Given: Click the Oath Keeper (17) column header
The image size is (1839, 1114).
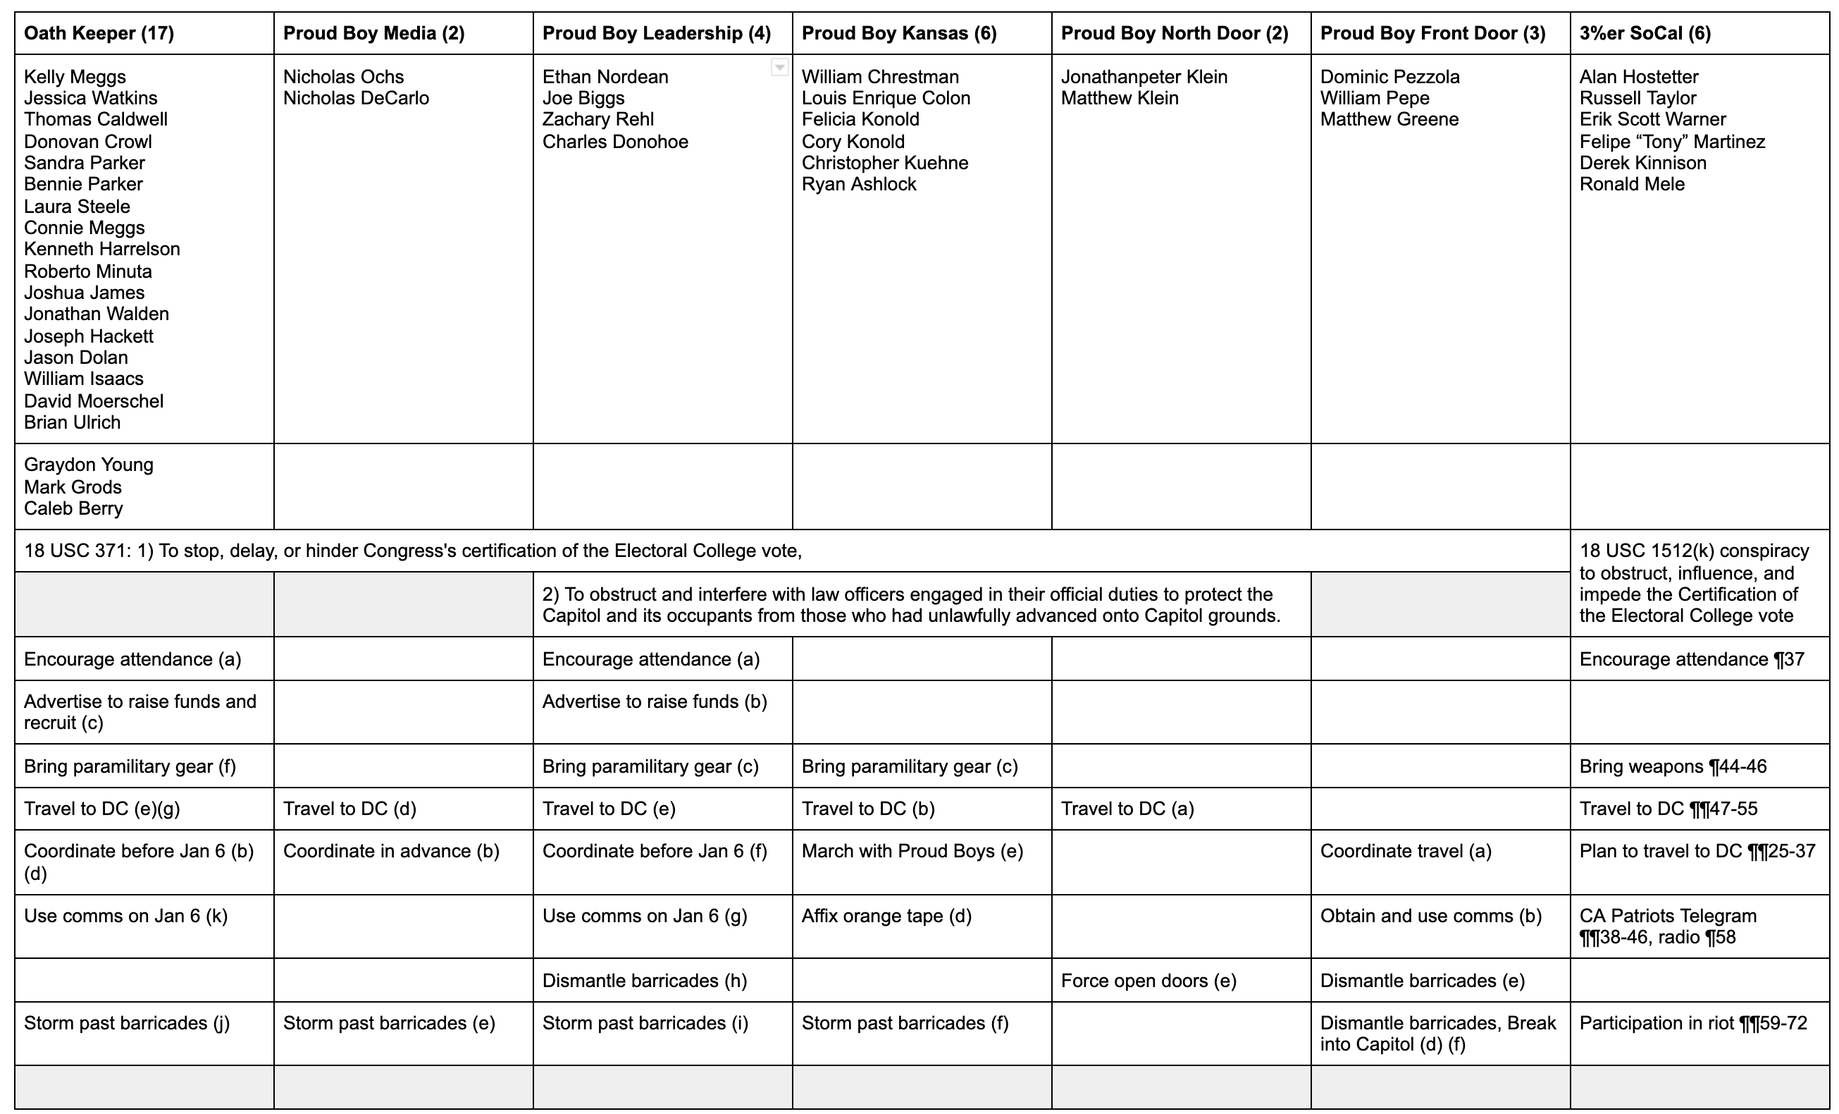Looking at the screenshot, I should [x=99, y=34].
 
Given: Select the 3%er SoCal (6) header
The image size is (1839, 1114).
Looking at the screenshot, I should [x=1645, y=34].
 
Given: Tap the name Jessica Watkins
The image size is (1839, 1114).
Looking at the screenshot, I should [x=90, y=98].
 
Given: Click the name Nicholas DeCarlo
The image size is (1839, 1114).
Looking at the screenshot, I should [x=356, y=98].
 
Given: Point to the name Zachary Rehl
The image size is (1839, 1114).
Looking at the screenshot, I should [x=597, y=119].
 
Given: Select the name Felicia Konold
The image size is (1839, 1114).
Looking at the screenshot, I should [x=860, y=119].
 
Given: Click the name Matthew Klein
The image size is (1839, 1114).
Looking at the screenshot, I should [x=1120, y=98].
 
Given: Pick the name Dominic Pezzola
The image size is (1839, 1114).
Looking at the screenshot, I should [x=1389, y=77].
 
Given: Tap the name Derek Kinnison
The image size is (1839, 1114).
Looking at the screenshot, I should [x=1642, y=163].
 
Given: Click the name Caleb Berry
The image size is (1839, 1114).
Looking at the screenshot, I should [x=73, y=508].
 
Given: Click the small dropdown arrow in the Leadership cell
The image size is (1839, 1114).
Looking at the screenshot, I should [x=779, y=68].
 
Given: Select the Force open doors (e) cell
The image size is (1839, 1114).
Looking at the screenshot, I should [x=1148, y=980].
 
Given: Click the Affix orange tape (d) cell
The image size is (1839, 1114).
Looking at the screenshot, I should [x=886, y=915].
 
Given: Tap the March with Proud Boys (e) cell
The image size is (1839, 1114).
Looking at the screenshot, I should [x=912, y=851].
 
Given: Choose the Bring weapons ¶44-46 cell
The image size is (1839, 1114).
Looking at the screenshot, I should [x=1673, y=766].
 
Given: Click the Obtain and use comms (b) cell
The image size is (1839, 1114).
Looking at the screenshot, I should [x=1430, y=915].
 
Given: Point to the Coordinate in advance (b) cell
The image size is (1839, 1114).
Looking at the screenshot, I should [x=390, y=851].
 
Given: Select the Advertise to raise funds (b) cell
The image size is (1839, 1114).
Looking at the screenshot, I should [x=655, y=702].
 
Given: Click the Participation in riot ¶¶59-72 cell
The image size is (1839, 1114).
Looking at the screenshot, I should [x=1692, y=1023].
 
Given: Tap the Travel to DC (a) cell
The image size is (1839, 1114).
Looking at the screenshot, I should [x=1127, y=809].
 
